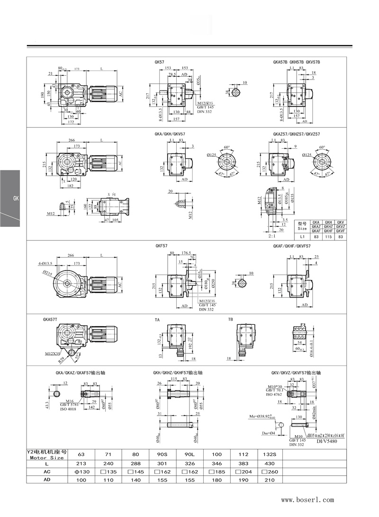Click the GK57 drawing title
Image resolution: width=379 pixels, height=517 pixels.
click(159, 62)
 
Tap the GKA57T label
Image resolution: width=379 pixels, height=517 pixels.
click(50, 320)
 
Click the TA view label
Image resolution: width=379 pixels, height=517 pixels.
click(157, 320)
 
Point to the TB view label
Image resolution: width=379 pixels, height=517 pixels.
click(231, 320)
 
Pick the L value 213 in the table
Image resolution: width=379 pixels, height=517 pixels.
click(81, 463)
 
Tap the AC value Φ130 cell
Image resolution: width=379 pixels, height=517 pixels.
click(81, 472)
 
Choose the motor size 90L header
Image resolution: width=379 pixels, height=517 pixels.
click(188, 454)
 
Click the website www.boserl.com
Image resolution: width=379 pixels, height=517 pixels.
click(307, 499)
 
